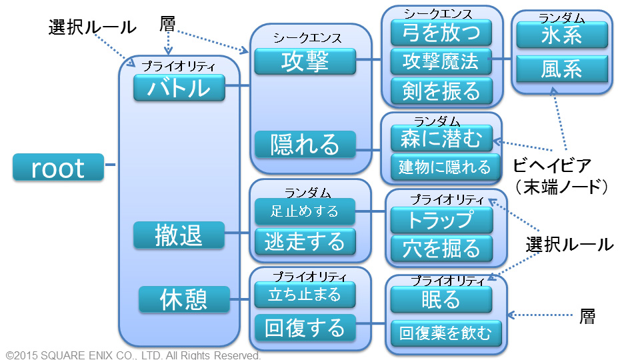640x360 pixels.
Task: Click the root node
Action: coord(59,167)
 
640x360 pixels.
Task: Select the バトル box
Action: coord(179,87)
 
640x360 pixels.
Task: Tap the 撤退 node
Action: coord(179,235)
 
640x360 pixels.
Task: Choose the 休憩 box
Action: coord(184,299)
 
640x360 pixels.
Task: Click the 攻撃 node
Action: coord(305,61)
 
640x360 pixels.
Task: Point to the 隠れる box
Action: coord(305,144)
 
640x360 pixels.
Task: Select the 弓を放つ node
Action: coord(441,33)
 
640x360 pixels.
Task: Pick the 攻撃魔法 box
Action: coord(441,61)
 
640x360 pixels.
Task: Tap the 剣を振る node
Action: coord(441,91)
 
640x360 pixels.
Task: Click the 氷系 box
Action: coord(562,35)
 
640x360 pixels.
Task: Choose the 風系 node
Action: coord(562,69)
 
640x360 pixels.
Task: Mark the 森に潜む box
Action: coord(441,138)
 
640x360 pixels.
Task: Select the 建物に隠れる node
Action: coord(445,167)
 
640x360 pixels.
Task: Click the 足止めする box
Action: coord(305,211)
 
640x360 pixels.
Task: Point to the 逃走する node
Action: coord(305,241)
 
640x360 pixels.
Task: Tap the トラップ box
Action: coord(441,220)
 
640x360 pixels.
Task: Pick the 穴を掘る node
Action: coord(441,248)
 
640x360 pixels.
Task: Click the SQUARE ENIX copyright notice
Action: coord(133,355)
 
